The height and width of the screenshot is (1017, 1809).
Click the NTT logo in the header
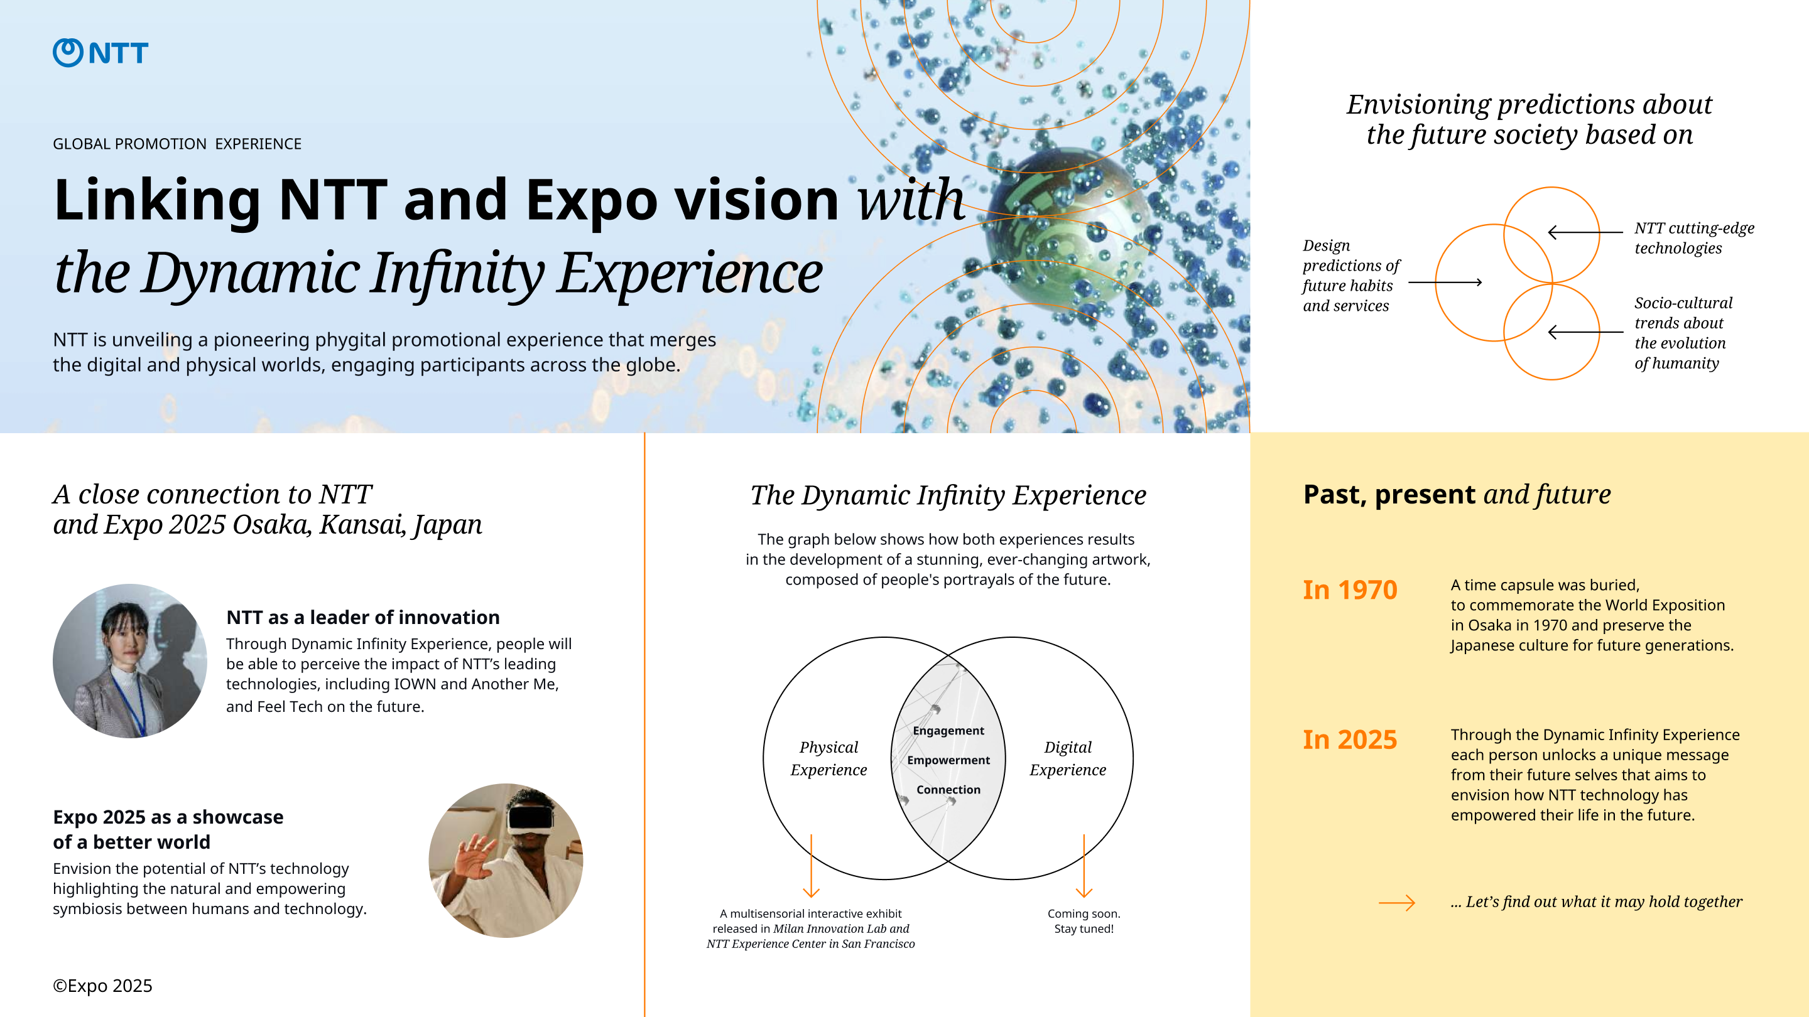(x=100, y=53)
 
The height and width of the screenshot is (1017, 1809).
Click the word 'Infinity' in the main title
(x=457, y=274)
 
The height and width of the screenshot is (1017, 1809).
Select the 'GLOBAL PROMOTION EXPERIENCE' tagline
(x=177, y=144)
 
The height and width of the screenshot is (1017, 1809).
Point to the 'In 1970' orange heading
(x=1350, y=589)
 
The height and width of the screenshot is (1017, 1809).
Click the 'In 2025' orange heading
(x=1350, y=739)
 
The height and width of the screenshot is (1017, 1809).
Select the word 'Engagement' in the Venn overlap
(x=948, y=731)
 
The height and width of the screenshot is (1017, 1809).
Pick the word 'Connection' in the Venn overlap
(x=948, y=790)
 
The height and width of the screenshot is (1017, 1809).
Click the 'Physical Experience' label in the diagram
(x=828, y=758)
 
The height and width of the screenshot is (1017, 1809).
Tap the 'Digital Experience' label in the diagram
(x=1067, y=758)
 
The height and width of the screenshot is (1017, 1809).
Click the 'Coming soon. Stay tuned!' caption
(x=1084, y=921)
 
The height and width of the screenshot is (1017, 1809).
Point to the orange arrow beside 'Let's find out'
(x=1397, y=903)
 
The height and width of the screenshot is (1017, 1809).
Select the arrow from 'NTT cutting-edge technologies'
(x=1585, y=232)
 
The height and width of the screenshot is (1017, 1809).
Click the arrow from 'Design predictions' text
(x=1445, y=282)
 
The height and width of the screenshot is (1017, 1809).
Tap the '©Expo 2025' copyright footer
(x=102, y=986)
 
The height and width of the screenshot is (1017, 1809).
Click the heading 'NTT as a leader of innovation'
(x=362, y=617)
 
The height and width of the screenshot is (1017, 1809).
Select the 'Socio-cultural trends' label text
(x=1683, y=333)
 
